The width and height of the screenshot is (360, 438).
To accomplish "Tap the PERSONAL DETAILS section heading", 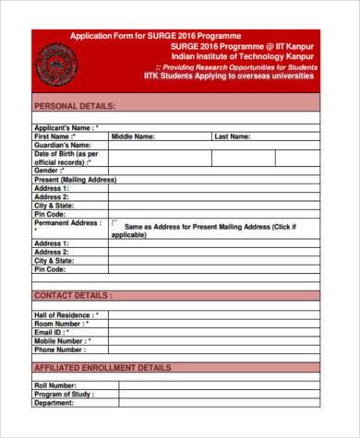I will (76, 106).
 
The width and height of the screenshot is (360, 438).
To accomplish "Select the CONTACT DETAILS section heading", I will (74, 295).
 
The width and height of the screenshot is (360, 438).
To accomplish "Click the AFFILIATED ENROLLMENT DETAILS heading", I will (102, 367).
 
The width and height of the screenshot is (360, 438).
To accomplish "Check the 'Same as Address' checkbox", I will (114, 224).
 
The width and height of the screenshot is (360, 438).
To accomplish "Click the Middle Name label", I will (133, 136).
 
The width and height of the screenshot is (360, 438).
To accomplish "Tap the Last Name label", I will (232, 136).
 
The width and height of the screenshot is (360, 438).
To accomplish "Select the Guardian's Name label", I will (63, 145).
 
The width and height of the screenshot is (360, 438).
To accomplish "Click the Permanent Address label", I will (67, 223).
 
